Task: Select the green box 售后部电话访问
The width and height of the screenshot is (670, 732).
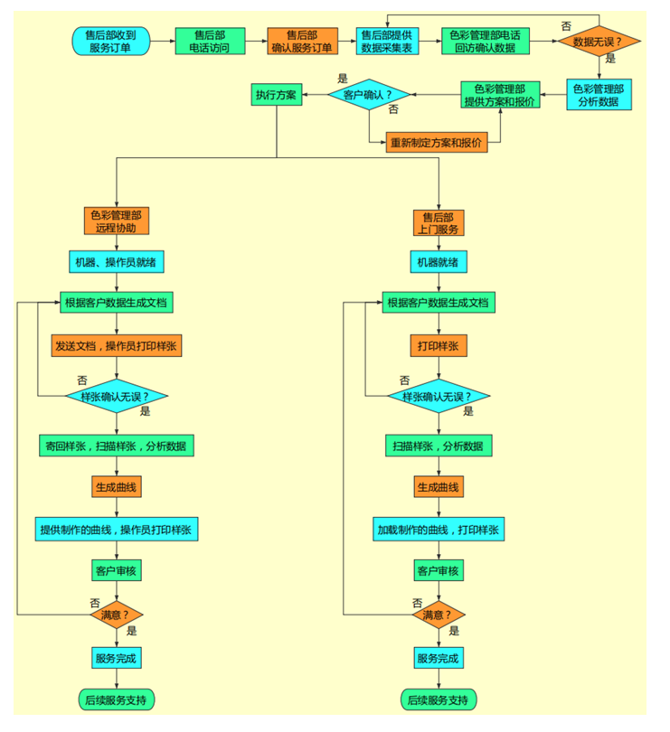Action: (209, 42)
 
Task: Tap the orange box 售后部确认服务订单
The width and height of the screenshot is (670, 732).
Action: (302, 42)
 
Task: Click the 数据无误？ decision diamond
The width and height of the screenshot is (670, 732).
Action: (598, 42)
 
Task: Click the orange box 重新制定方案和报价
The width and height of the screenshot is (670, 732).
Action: (436, 142)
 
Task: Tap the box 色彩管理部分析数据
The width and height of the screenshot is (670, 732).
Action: (599, 95)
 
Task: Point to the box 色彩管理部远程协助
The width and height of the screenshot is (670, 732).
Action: (116, 221)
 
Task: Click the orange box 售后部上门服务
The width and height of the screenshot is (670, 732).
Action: (439, 222)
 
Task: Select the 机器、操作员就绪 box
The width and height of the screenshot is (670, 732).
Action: (117, 262)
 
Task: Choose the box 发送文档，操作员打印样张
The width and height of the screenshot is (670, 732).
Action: (117, 346)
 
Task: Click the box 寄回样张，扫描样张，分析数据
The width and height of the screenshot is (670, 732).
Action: (117, 446)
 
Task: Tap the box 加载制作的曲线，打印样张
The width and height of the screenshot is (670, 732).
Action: (439, 530)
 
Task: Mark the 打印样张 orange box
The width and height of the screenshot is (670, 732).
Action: (439, 346)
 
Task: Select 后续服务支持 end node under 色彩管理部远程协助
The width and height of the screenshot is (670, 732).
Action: (117, 699)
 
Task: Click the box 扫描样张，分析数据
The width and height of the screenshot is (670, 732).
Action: (439, 446)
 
